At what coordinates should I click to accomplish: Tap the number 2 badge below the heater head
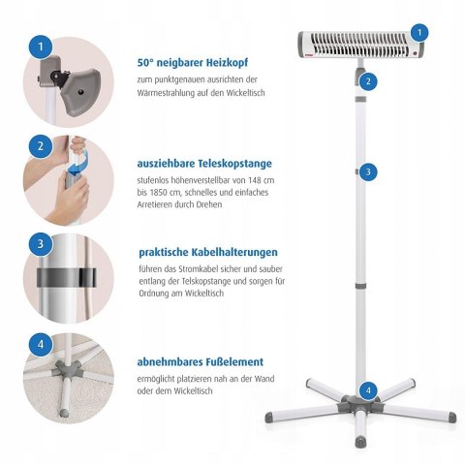pyautogui.click(x=369, y=81)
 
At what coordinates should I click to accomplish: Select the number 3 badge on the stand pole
pyautogui.click(x=366, y=171)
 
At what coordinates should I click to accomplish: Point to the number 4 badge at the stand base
pyautogui.click(x=366, y=390)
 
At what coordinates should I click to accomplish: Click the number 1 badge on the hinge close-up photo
pyautogui.click(x=40, y=46)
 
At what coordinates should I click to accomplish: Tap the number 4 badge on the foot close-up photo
pyautogui.click(x=40, y=343)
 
